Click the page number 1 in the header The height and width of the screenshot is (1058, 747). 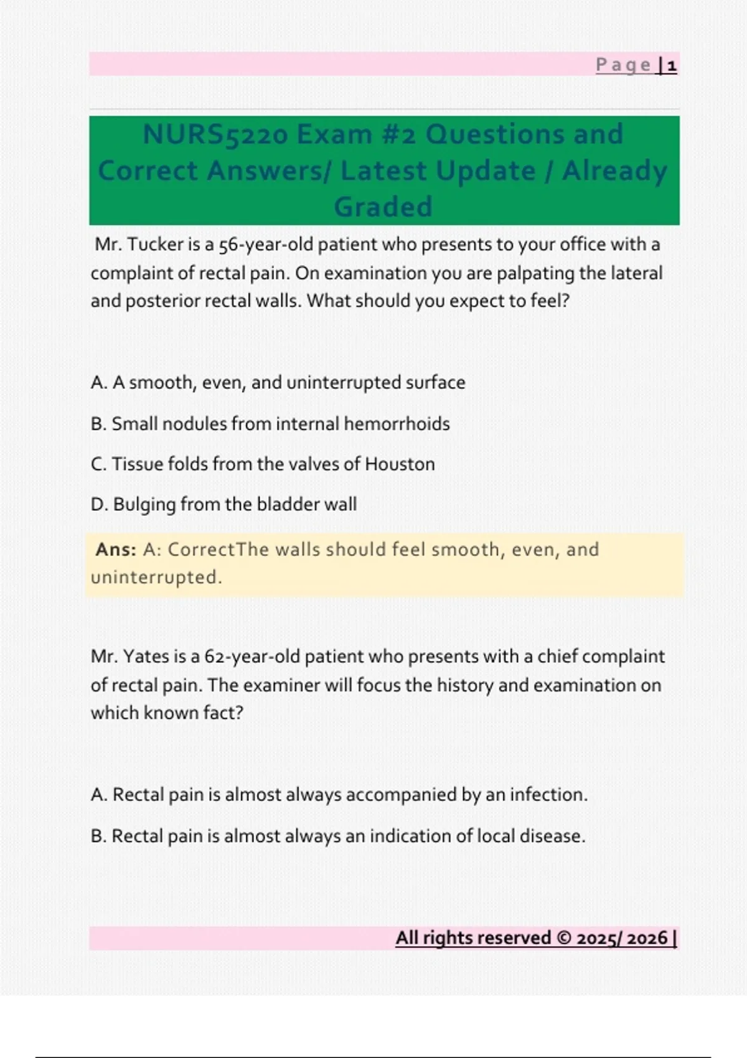click(672, 65)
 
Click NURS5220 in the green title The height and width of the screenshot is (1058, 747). click(215, 134)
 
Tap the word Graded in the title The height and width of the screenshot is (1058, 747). click(383, 207)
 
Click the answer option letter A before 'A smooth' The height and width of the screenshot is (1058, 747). click(97, 383)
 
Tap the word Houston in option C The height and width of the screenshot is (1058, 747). click(400, 464)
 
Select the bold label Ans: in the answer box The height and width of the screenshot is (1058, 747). click(116, 550)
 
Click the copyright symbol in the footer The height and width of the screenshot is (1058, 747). click(563, 938)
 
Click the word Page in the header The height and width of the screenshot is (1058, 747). click(623, 65)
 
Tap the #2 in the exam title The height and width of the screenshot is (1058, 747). click(398, 134)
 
